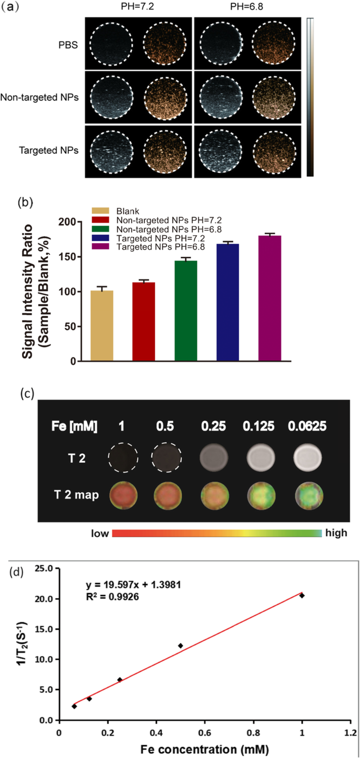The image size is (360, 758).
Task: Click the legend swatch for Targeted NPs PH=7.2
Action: click(98, 239)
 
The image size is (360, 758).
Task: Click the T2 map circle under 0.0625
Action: click(308, 495)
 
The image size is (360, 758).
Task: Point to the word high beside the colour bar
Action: click(336, 533)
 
